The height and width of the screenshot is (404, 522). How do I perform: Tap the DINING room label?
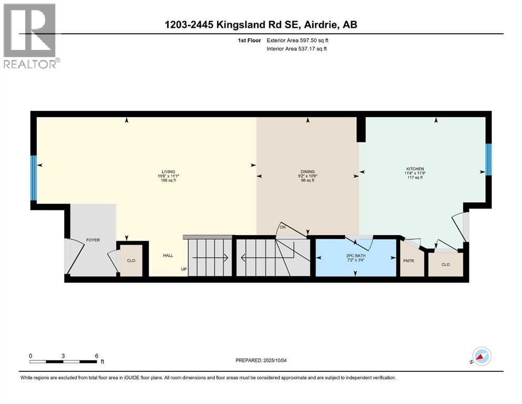[x=308, y=171]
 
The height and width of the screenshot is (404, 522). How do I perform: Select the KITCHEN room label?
[x=415, y=169]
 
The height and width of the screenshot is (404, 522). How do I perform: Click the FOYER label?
[x=93, y=240]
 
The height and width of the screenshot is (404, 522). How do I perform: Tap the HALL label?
[x=168, y=255]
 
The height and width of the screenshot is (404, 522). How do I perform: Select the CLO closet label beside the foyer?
[x=131, y=260]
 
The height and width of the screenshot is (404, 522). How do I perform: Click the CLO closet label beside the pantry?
[x=446, y=265]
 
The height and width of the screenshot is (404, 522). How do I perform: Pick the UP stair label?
[x=184, y=269]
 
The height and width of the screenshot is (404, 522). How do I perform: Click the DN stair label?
[x=282, y=228]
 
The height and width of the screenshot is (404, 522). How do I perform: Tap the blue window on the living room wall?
[x=34, y=178]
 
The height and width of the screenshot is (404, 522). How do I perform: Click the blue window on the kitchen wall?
[x=488, y=160]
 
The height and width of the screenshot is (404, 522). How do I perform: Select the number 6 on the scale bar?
[x=96, y=356]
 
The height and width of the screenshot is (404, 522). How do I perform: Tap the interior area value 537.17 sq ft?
[x=318, y=49]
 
